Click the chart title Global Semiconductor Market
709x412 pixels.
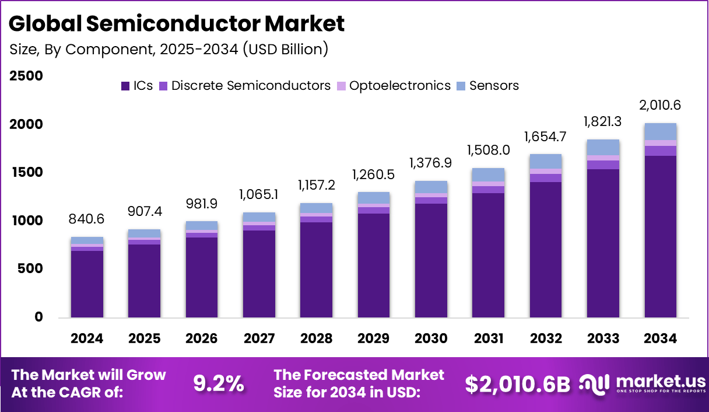(x=177, y=24)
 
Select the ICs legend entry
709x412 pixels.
(x=136, y=86)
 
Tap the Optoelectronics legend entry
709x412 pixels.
(x=394, y=86)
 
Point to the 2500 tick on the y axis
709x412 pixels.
(x=26, y=76)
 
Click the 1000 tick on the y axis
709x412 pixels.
(x=26, y=221)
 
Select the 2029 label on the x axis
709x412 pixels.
(x=374, y=339)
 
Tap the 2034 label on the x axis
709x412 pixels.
(x=660, y=339)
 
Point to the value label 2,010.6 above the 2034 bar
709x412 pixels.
(x=660, y=106)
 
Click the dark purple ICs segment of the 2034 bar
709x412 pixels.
(x=660, y=236)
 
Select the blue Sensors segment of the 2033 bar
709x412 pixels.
(x=603, y=147)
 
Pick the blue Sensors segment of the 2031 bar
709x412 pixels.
(x=488, y=174)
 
